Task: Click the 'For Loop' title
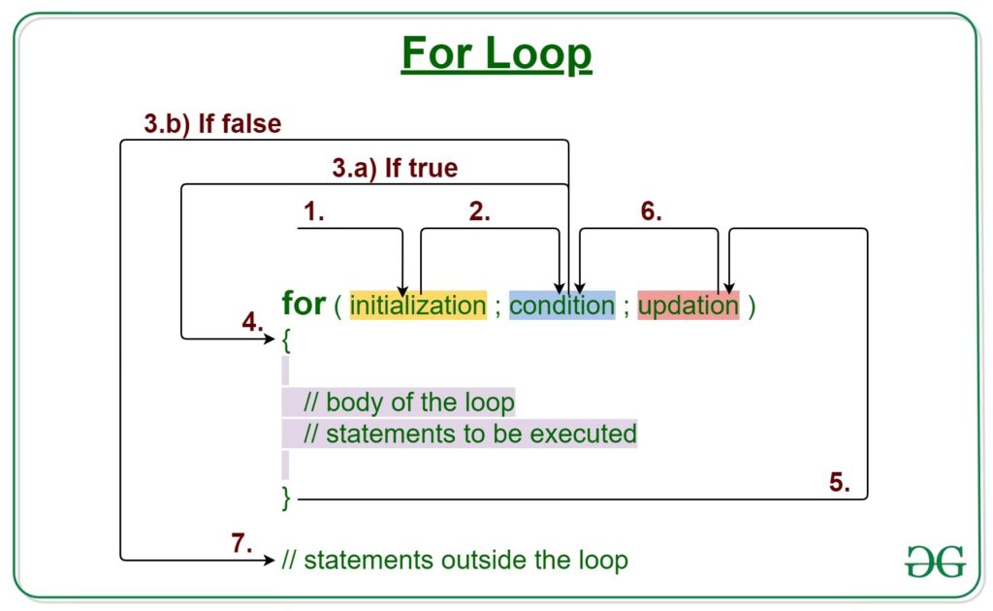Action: [496, 54]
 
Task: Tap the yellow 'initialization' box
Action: [418, 305]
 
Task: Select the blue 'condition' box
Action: [561, 305]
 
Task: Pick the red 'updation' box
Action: [689, 305]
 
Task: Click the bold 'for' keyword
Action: [304, 304]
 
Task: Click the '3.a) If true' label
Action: [395, 169]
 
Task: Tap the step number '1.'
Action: [313, 213]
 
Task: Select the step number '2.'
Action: [479, 213]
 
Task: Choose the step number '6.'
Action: [651, 213]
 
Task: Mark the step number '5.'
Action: [840, 483]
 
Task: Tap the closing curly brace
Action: [286, 498]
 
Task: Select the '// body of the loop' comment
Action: [408, 402]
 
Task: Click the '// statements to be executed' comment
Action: [469, 433]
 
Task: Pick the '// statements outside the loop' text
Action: [455, 560]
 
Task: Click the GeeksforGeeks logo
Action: [936, 562]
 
